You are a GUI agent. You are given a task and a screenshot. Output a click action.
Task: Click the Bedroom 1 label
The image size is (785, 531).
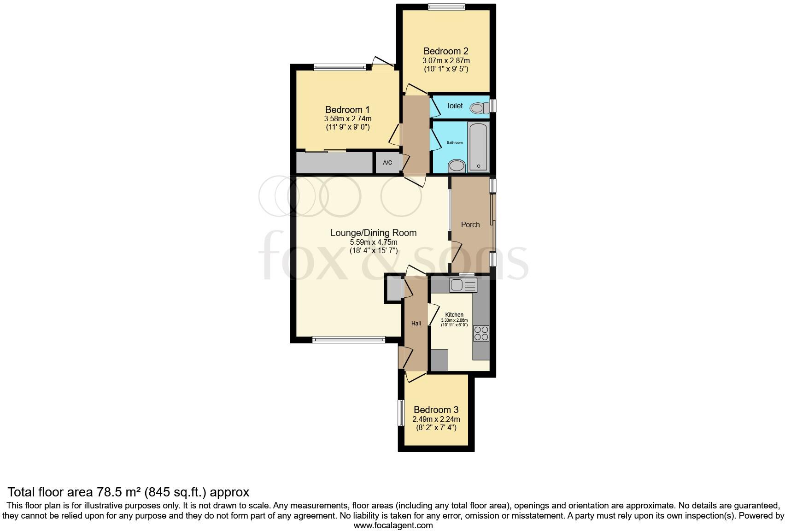(x=347, y=110)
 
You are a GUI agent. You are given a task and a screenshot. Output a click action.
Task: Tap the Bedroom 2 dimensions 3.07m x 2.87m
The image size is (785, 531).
(x=446, y=60)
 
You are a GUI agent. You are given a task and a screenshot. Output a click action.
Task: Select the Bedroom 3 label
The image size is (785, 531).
(x=436, y=410)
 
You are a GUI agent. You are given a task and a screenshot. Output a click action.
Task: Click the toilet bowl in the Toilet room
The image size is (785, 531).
(x=479, y=108)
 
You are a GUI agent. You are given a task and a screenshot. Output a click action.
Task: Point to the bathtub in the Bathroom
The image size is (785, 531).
(x=478, y=147)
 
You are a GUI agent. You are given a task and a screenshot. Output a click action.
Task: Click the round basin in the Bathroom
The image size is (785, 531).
(x=457, y=165)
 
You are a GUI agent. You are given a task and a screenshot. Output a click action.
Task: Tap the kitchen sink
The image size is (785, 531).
(x=463, y=285)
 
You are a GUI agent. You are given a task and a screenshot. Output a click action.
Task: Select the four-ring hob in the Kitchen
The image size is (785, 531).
(x=481, y=333)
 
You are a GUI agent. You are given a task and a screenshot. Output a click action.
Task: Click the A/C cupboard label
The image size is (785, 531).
(x=387, y=163)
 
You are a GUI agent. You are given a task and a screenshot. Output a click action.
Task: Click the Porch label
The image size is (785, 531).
(x=470, y=224)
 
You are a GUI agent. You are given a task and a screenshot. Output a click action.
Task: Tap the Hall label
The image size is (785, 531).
(x=416, y=324)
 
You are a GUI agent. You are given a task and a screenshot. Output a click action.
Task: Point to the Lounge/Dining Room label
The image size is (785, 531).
(x=373, y=233)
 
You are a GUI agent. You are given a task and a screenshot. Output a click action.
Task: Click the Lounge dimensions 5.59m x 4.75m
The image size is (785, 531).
(x=373, y=242)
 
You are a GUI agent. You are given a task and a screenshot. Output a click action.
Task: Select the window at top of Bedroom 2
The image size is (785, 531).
(x=446, y=6)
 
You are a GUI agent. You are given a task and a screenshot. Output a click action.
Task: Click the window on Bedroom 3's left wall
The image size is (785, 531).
(x=401, y=413)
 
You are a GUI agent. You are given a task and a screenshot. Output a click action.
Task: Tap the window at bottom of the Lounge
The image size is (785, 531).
(x=348, y=340)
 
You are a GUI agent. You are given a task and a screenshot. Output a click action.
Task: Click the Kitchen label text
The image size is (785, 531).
(x=454, y=315)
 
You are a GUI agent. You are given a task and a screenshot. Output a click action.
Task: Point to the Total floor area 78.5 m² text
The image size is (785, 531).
(x=129, y=492)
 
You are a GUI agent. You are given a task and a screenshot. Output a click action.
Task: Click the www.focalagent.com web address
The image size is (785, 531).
(x=393, y=525)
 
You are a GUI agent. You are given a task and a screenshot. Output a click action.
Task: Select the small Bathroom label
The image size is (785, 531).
(x=455, y=142)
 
